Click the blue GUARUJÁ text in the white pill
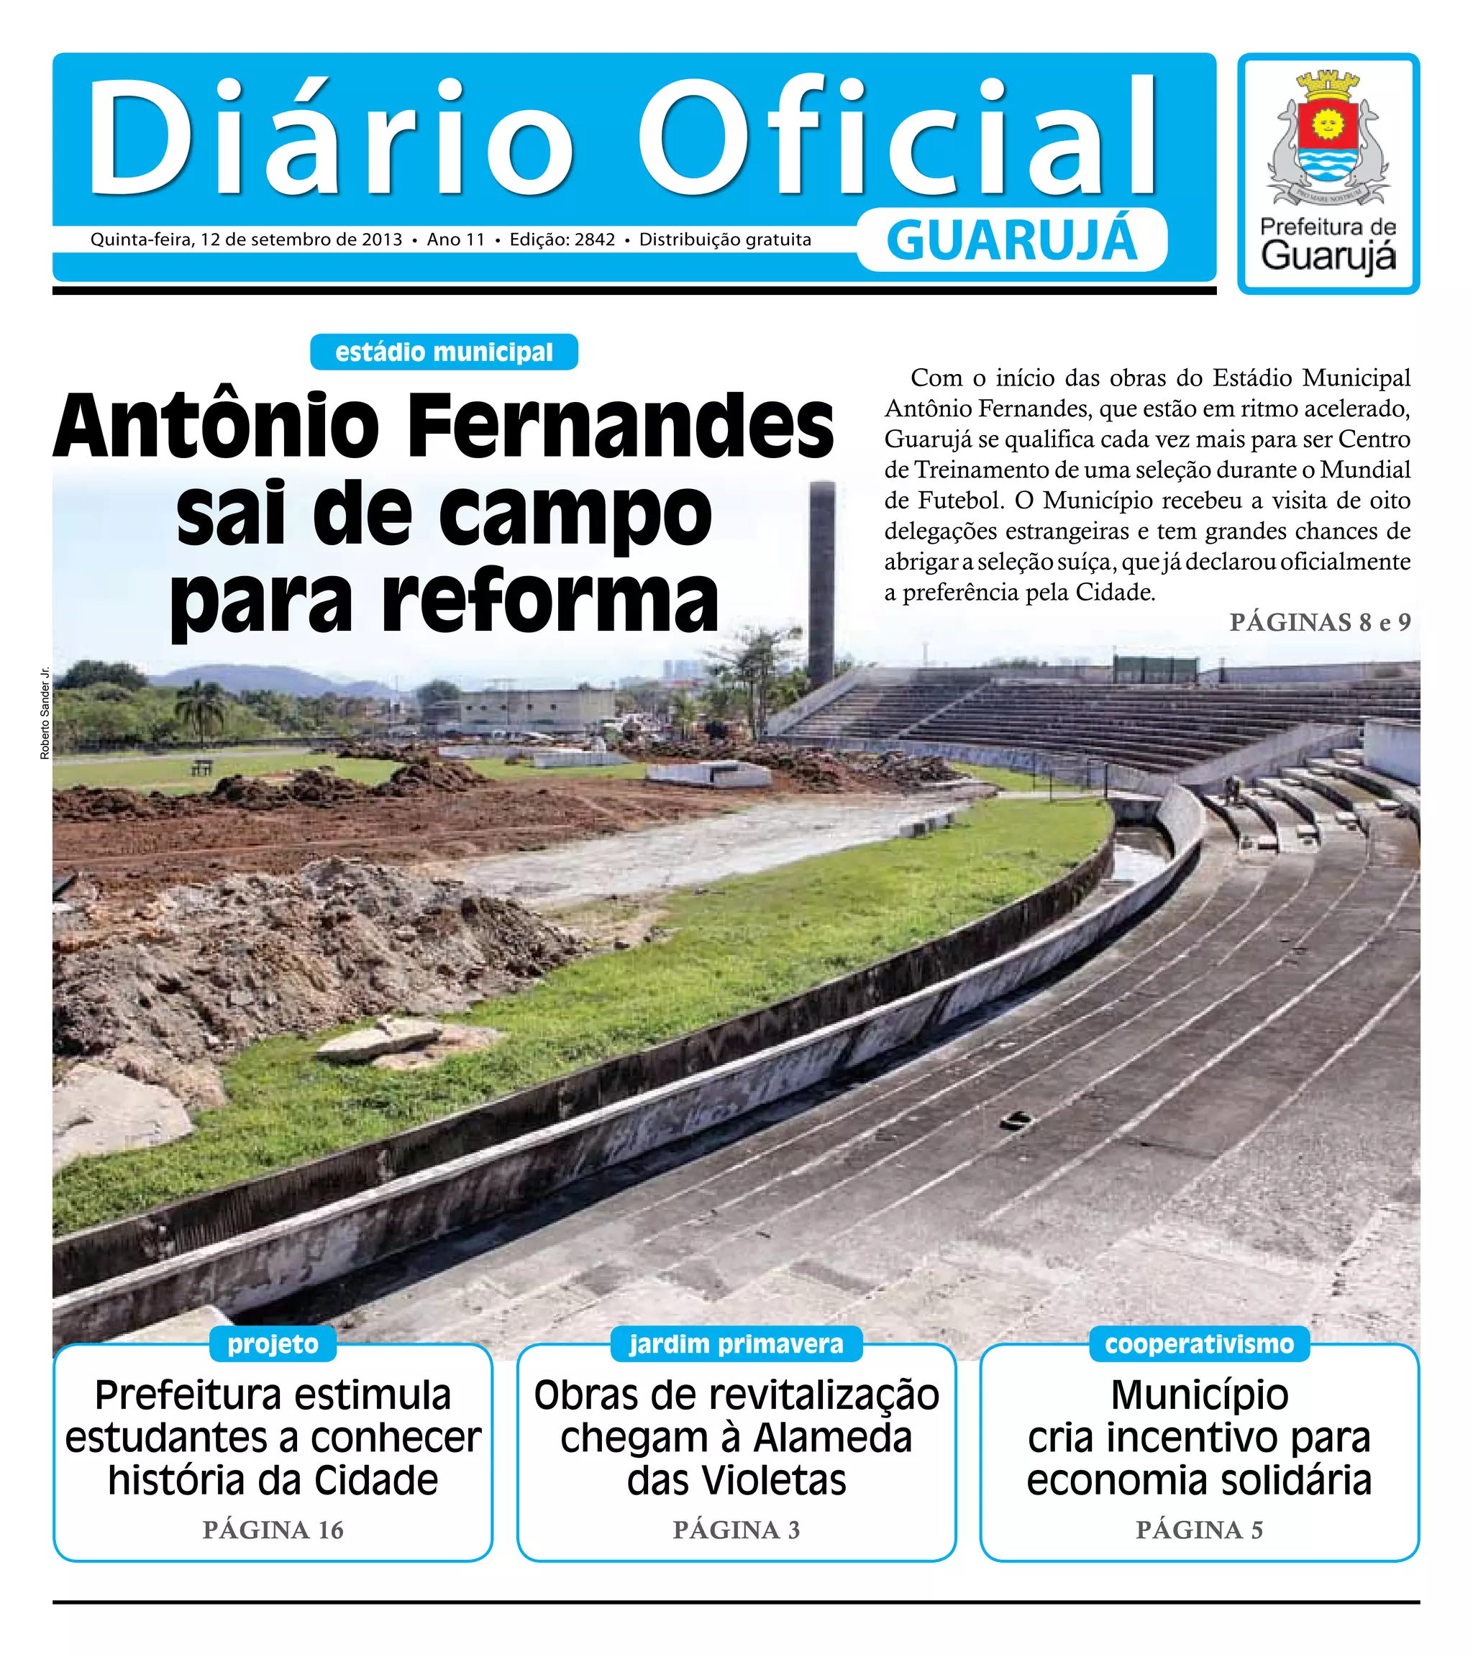[1012, 241]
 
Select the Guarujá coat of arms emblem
[1328, 138]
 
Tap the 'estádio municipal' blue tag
[444, 352]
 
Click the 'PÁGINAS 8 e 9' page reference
[1319, 623]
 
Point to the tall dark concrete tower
[821, 584]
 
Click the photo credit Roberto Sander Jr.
[45, 713]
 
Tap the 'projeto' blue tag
[273, 1344]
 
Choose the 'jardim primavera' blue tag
[736, 1344]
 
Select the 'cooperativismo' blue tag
[1199, 1344]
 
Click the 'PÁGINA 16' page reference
[273, 1530]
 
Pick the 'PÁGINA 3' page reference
[736, 1530]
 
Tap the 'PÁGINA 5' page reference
[1199, 1530]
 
